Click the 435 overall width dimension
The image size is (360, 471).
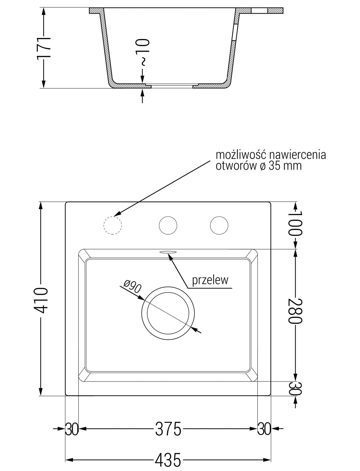pos(168,460)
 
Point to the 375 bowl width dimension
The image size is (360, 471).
pos(168,429)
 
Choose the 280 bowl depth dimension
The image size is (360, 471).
pos(295,311)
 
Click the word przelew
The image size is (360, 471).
pos(210,280)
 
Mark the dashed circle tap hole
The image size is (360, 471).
pos(113,225)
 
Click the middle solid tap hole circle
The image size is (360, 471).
pos(168,225)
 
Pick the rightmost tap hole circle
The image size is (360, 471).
pos(219,225)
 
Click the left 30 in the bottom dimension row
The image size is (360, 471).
pos(72,429)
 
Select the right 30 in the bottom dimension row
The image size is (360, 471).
pos(264,429)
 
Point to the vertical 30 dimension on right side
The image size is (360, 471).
pos(295,388)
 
